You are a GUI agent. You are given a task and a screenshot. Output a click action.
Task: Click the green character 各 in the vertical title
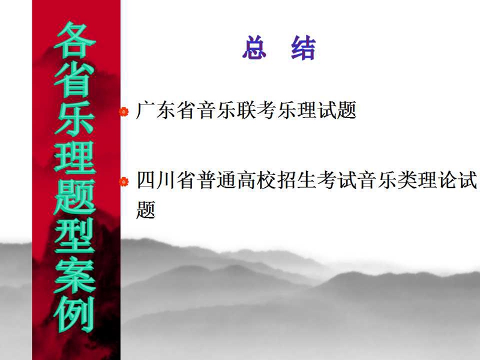click(75, 40)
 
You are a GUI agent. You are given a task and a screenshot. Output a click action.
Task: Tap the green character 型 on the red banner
click(75, 236)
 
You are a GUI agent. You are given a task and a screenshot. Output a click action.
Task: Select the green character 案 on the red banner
click(75, 276)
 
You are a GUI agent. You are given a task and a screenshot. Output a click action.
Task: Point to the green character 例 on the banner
click(75, 314)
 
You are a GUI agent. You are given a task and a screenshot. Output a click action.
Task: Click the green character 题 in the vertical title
click(75, 197)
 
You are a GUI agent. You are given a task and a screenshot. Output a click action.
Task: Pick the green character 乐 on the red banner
click(75, 118)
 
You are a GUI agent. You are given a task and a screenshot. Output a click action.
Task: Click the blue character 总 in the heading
click(254, 48)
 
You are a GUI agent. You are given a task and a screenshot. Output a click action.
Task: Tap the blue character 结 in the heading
click(303, 48)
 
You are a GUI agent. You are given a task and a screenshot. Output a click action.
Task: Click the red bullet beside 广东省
click(124, 112)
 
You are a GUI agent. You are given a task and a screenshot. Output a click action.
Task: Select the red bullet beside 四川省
click(124, 182)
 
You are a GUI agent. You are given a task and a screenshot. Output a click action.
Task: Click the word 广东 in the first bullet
click(155, 110)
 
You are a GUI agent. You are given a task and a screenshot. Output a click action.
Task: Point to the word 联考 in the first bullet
click(257, 110)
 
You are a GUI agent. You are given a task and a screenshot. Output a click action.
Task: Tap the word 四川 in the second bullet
click(155, 180)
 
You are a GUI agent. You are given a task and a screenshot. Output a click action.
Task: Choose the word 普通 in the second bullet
click(216, 180)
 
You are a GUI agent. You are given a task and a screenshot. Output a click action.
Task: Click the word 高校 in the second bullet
click(257, 180)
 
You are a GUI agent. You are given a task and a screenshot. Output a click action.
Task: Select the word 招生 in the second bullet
click(297, 180)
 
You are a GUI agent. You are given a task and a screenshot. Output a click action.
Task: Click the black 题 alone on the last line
click(146, 209)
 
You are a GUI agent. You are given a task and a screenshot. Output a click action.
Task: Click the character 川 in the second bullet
click(166, 180)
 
